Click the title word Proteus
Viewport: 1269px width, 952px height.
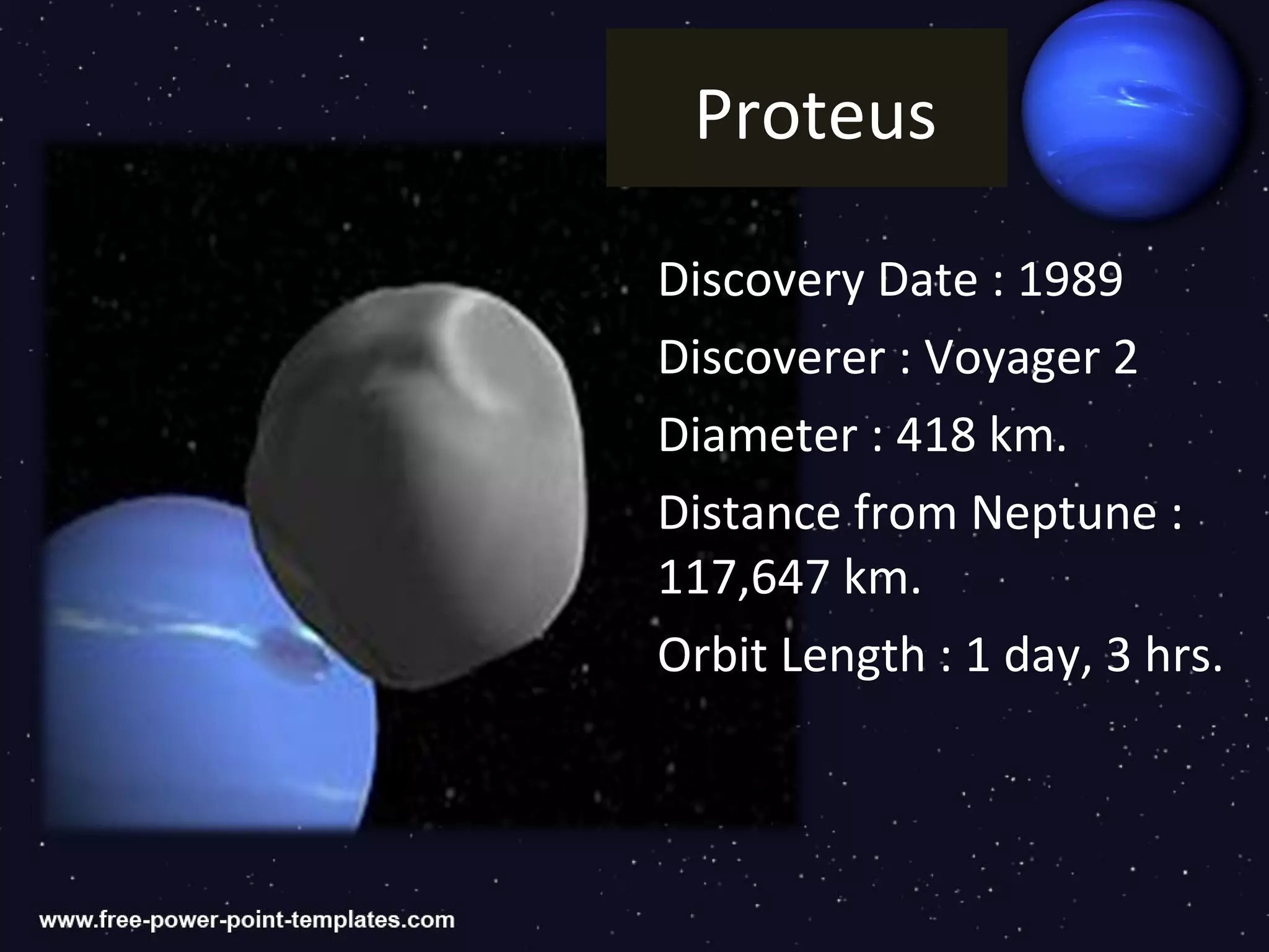pyautogui.click(x=815, y=115)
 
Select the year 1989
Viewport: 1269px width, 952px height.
pyautogui.click(x=1070, y=280)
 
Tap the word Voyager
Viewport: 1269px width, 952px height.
pyautogui.click(x=1012, y=358)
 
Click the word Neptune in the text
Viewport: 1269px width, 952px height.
pyautogui.click(x=1063, y=513)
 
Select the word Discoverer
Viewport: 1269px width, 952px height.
pyautogui.click(x=771, y=358)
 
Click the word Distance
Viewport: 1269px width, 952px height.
pyautogui.click(x=749, y=513)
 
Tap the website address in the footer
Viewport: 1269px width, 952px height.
pyautogui.click(x=247, y=920)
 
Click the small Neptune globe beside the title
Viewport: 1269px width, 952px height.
pyautogui.click(x=1131, y=112)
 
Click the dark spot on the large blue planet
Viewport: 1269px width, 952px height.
pyautogui.click(x=297, y=651)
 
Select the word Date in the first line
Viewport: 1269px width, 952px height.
pyautogui.click(x=928, y=280)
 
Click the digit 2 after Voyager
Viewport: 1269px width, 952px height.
pyautogui.click(x=1125, y=358)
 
